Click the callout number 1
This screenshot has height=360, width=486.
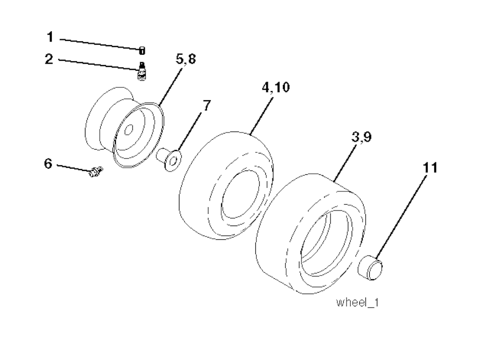50,37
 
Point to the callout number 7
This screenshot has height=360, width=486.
206,105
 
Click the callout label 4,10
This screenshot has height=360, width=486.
275,89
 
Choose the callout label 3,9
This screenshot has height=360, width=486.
362,137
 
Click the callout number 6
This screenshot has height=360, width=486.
47,164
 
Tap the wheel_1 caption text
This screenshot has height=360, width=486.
357,303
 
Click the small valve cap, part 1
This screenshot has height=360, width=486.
142,49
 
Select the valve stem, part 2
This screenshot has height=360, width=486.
141,72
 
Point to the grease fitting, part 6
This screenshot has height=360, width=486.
95,171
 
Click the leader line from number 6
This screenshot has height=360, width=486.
74,168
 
